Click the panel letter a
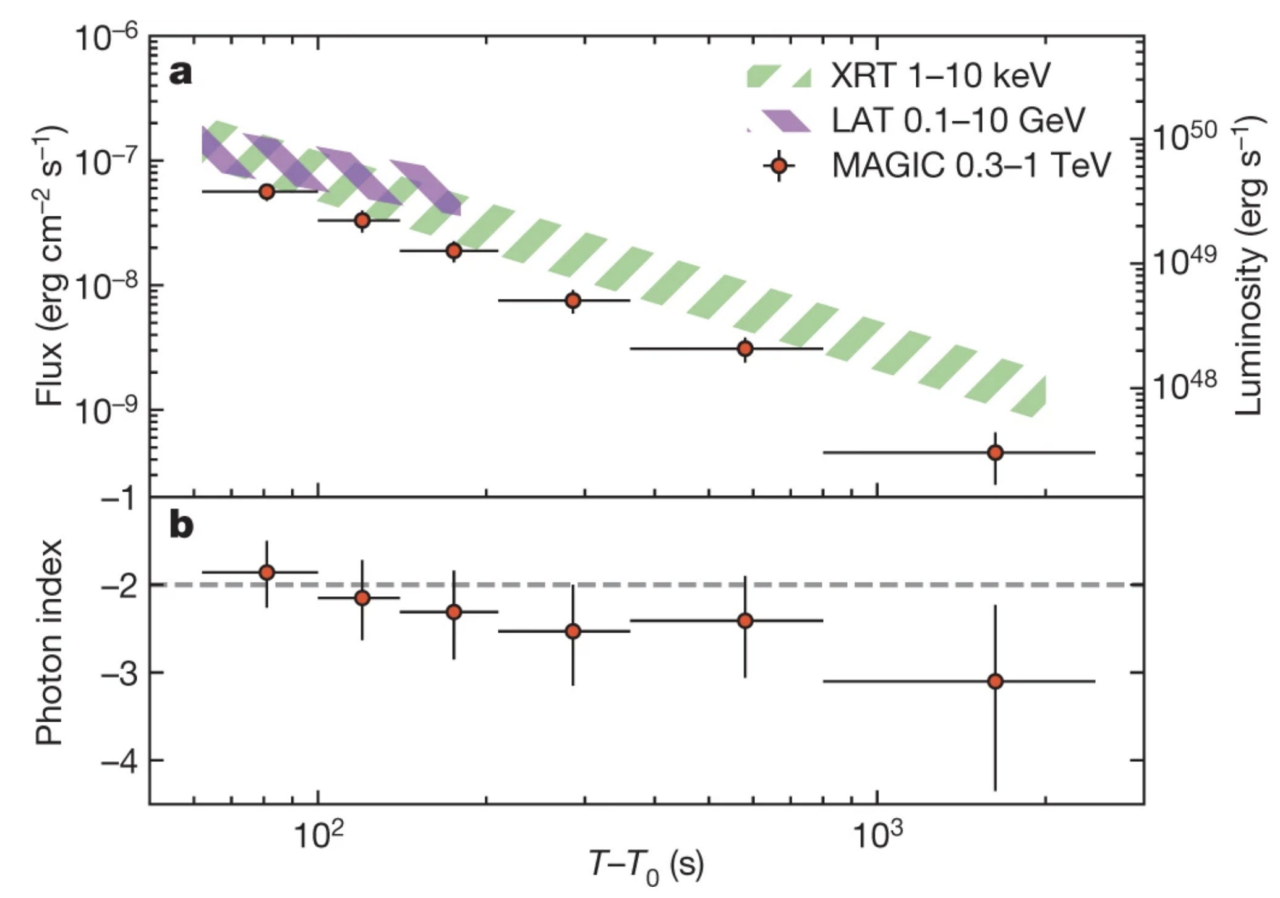click(180, 74)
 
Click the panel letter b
click(181, 526)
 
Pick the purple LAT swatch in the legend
click(779, 120)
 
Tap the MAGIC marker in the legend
click(779, 166)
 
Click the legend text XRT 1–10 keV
click(941, 76)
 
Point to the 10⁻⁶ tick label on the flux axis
click(106, 38)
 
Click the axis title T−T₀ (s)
click(646, 866)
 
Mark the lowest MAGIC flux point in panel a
click(995, 453)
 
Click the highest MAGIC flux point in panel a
click(267, 192)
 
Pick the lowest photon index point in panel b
click(995, 682)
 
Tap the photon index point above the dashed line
click(267, 572)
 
